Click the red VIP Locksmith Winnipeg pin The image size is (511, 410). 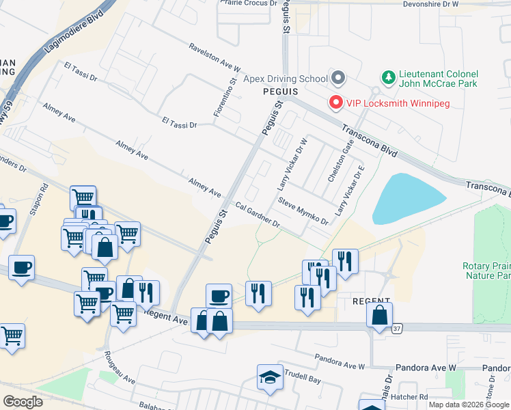click(336, 102)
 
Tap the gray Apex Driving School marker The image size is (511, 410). click(336, 79)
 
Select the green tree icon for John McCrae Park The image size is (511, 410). click(388, 78)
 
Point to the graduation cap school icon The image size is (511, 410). click(270, 377)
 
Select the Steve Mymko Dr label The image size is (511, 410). click(303, 210)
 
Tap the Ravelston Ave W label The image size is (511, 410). click(215, 58)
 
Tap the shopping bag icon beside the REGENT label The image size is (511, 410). click(379, 316)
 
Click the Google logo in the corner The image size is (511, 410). click(23, 401)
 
